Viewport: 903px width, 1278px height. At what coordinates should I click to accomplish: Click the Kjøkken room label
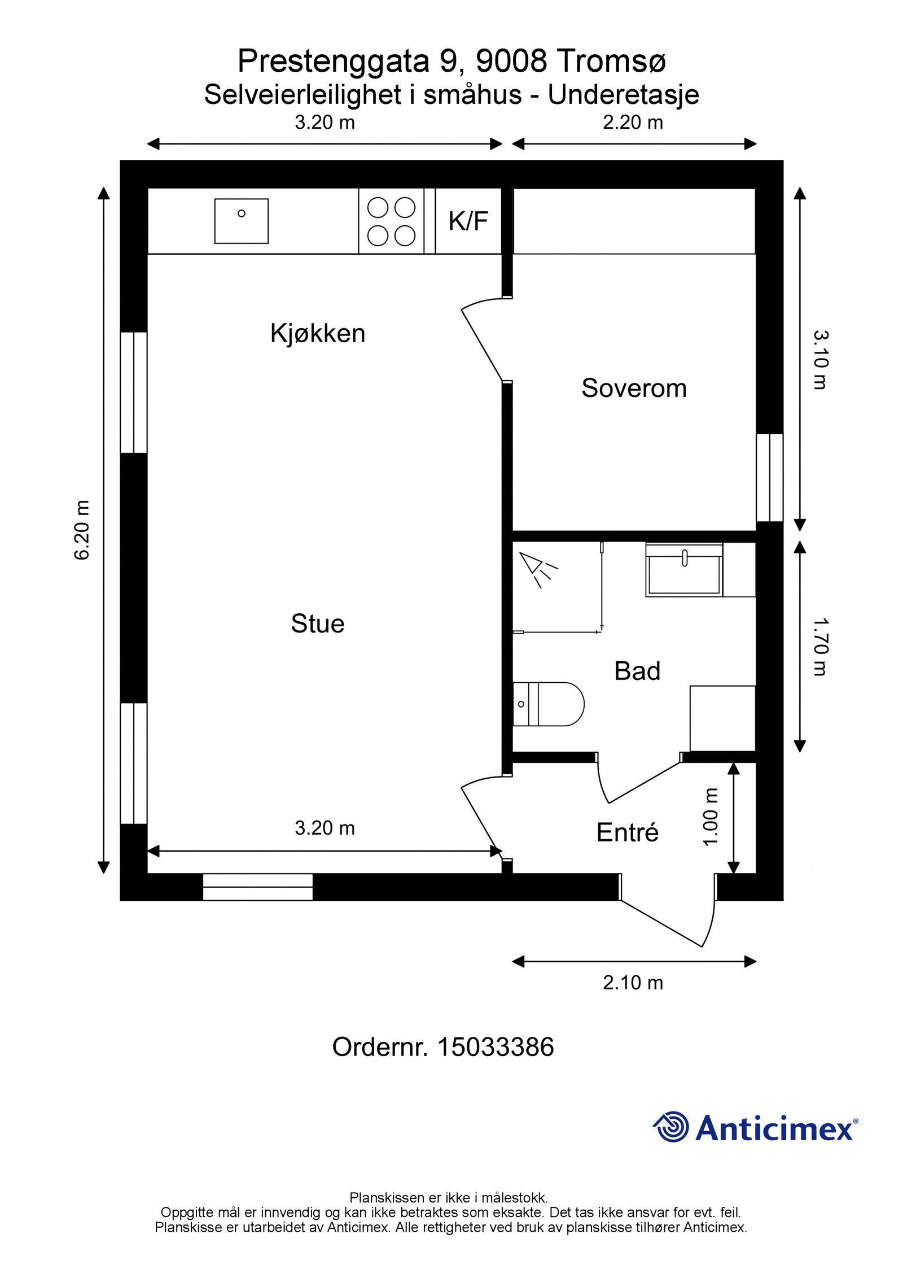point(318,334)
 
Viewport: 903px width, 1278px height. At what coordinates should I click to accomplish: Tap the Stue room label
point(318,624)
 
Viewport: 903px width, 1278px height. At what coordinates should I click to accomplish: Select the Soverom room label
point(634,389)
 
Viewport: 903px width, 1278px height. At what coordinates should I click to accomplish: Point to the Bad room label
point(637,671)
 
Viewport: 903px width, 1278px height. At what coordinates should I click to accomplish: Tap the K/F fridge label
point(468,221)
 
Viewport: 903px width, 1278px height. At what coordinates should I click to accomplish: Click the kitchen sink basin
point(241,221)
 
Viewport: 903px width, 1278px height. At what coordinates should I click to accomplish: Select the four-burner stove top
point(391,221)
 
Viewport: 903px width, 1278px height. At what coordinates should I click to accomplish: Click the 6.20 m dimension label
point(82,530)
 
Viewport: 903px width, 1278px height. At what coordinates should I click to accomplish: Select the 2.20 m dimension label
point(633,123)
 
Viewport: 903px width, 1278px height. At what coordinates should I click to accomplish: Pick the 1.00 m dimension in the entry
point(711,817)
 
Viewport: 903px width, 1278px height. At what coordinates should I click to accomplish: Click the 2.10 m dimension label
point(633,983)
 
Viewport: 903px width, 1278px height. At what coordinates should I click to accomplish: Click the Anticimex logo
point(755,1128)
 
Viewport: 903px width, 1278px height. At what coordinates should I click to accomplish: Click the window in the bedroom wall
point(769,478)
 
